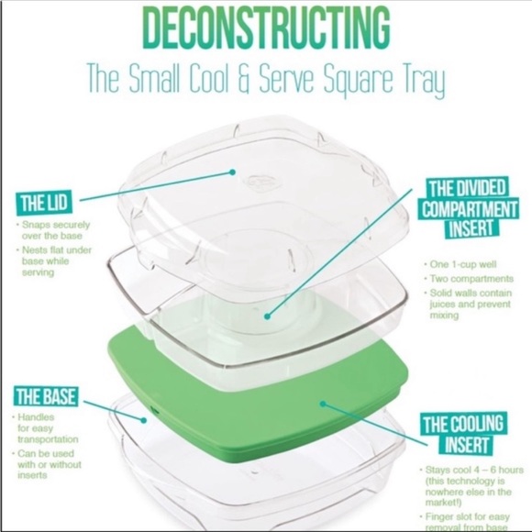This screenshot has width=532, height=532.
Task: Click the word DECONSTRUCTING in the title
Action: tap(266, 29)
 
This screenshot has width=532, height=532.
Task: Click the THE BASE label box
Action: tap(45, 397)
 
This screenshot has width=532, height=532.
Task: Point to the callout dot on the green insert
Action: tap(321, 401)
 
